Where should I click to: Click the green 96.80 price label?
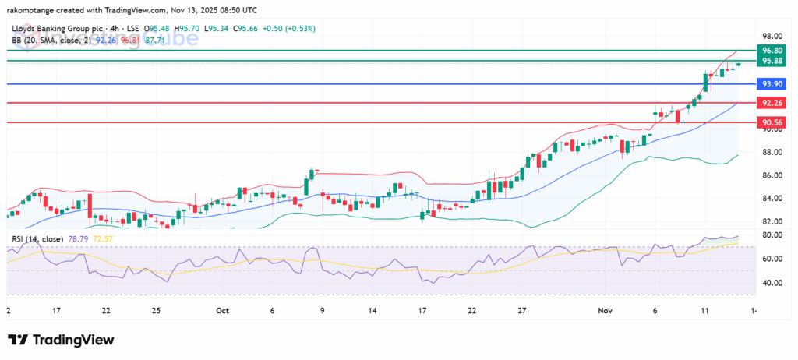772,49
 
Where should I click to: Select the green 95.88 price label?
772,60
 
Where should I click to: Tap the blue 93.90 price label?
772,83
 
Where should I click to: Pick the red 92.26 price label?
772,102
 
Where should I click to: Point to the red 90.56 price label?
772,122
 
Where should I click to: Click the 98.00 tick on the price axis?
772,36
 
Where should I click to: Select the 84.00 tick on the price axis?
772,198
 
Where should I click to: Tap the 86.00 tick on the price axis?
772,175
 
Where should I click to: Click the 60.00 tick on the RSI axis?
772,259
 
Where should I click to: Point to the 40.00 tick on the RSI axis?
772,283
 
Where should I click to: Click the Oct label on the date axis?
221,309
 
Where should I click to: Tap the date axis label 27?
522,309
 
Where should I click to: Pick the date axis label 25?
156,309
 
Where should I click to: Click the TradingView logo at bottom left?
61,340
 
